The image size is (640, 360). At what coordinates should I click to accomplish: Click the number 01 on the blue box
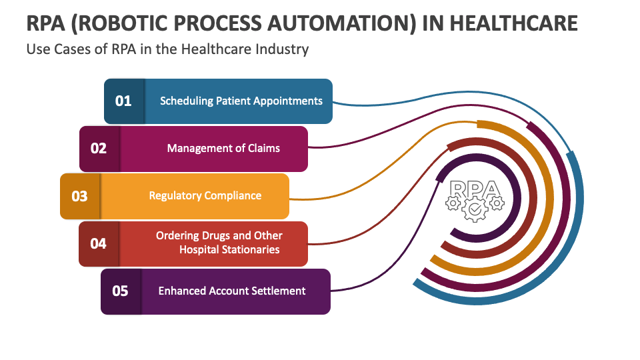click(x=123, y=101)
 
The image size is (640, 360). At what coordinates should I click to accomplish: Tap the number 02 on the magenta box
click(x=99, y=148)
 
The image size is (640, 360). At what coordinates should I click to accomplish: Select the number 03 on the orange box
click(x=79, y=196)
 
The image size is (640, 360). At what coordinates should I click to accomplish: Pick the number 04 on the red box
click(x=98, y=243)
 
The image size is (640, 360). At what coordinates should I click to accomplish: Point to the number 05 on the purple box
click(x=120, y=291)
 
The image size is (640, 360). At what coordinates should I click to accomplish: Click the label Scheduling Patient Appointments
click(x=241, y=101)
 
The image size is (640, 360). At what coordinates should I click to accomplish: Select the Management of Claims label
click(x=223, y=148)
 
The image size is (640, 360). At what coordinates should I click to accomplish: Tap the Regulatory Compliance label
click(x=205, y=196)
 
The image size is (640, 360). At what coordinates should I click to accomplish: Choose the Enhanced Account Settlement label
click(x=232, y=291)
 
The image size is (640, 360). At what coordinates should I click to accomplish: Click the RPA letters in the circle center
click(x=475, y=189)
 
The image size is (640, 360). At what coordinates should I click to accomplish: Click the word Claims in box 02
click(x=263, y=148)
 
